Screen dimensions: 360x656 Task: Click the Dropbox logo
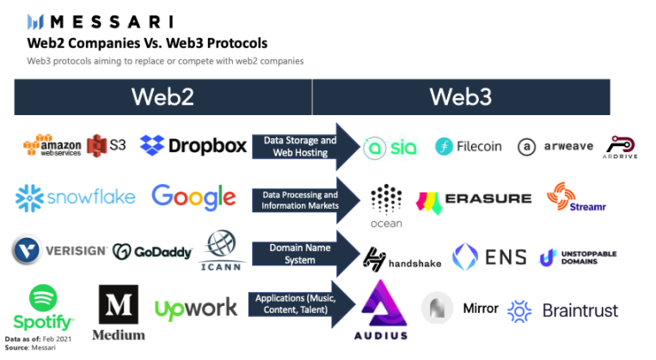[x=193, y=145]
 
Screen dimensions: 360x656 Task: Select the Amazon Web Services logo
[x=52, y=146]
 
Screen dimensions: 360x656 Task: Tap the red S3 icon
[x=107, y=144]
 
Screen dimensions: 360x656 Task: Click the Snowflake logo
[x=76, y=197]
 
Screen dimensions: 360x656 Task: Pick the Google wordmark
[x=193, y=198]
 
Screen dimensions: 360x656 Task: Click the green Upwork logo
[x=195, y=308]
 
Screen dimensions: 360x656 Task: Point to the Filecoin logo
[x=468, y=146]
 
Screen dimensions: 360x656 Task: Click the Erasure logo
[x=474, y=201]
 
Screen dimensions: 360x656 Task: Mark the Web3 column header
[x=461, y=97]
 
